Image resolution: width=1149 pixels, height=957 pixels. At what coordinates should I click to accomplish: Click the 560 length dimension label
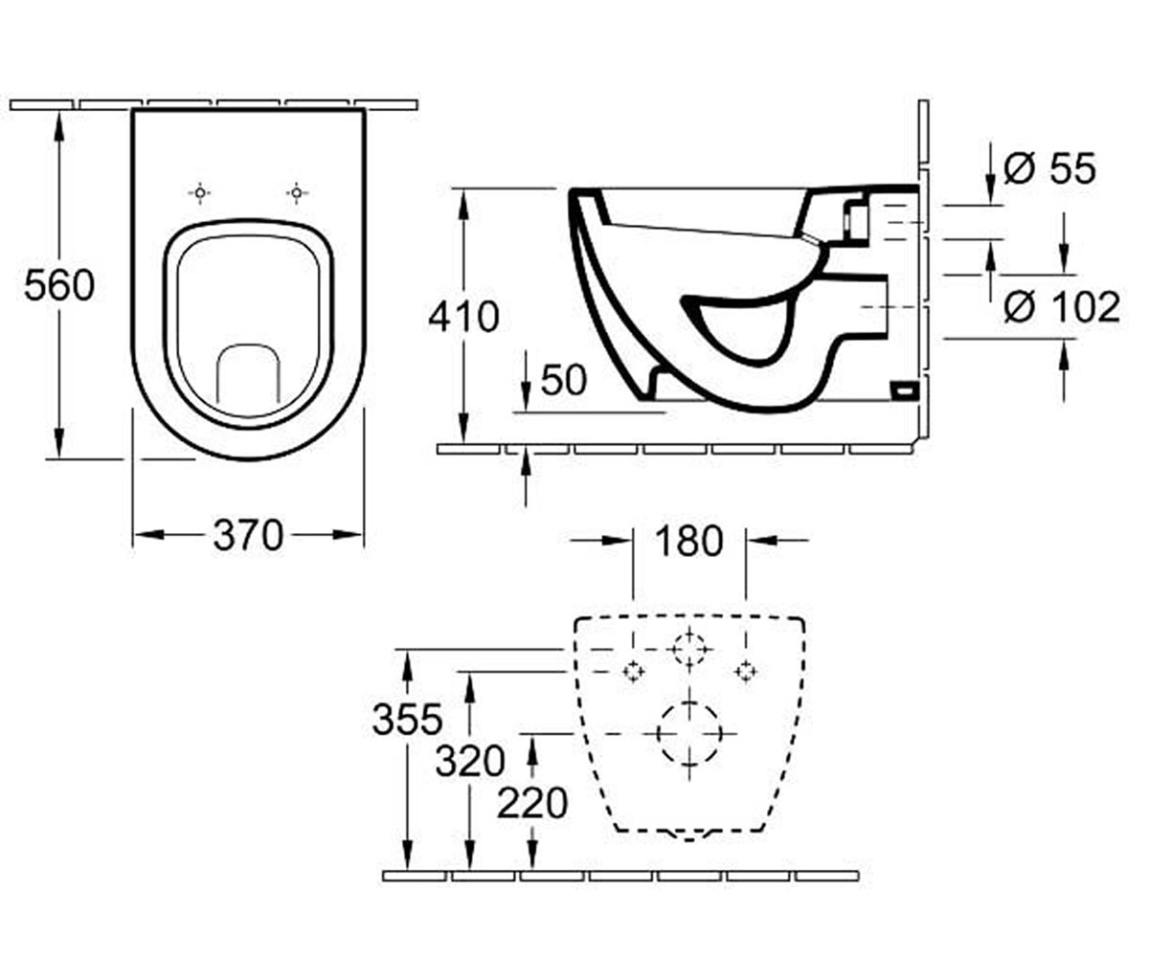tap(59, 286)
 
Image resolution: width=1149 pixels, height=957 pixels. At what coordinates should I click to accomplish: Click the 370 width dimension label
tap(248, 536)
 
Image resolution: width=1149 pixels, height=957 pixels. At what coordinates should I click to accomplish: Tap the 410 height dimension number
tap(463, 317)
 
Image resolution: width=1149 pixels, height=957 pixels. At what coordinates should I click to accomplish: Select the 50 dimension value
tap(564, 380)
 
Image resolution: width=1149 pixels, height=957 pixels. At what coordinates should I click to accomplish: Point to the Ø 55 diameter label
tap(1050, 168)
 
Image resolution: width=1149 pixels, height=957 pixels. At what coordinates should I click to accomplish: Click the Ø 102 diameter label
tap(1062, 307)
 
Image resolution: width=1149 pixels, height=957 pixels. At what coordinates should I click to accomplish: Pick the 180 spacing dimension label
tap(688, 542)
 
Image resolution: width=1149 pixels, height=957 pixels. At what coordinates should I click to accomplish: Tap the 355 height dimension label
tap(407, 720)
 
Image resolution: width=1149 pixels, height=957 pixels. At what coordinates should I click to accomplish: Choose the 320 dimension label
tap(470, 761)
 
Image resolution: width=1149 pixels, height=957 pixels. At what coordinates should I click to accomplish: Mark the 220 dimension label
tap(532, 804)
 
